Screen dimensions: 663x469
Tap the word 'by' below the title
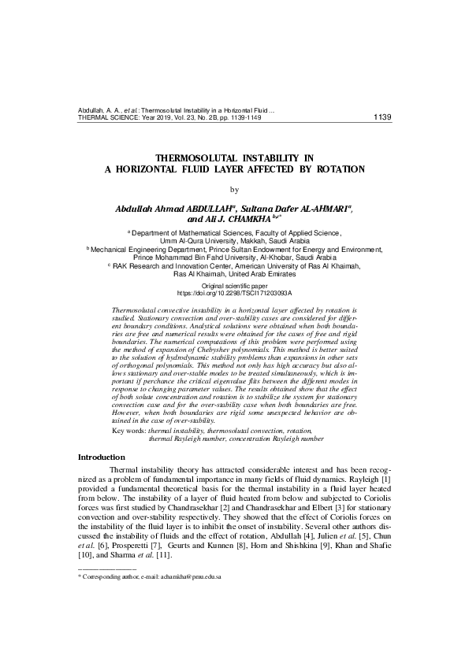tap(233, 189)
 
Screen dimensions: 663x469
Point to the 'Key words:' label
tap(129, 432)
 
